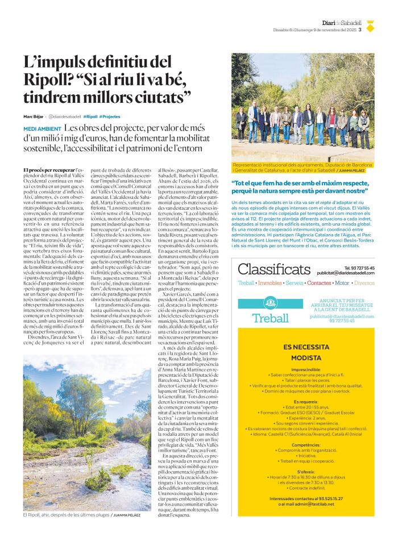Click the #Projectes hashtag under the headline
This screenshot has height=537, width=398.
click(x=109, y=116)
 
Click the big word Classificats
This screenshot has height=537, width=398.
click(x=274, y=269)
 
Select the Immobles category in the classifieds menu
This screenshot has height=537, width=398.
click(x=270, y=282)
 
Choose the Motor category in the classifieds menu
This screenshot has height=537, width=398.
click(x=342, y=282)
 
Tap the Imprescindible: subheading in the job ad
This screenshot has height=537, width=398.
click(x=305, y=369)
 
